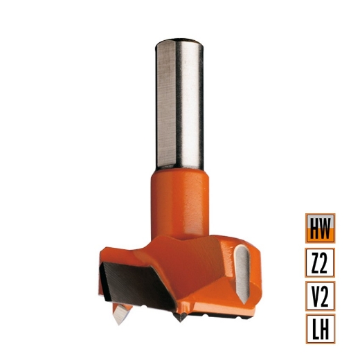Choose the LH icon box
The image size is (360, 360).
(x=319, y=328)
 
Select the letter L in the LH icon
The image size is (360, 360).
(x=314, y=328)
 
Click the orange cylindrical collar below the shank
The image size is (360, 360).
(x=179, y=201)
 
